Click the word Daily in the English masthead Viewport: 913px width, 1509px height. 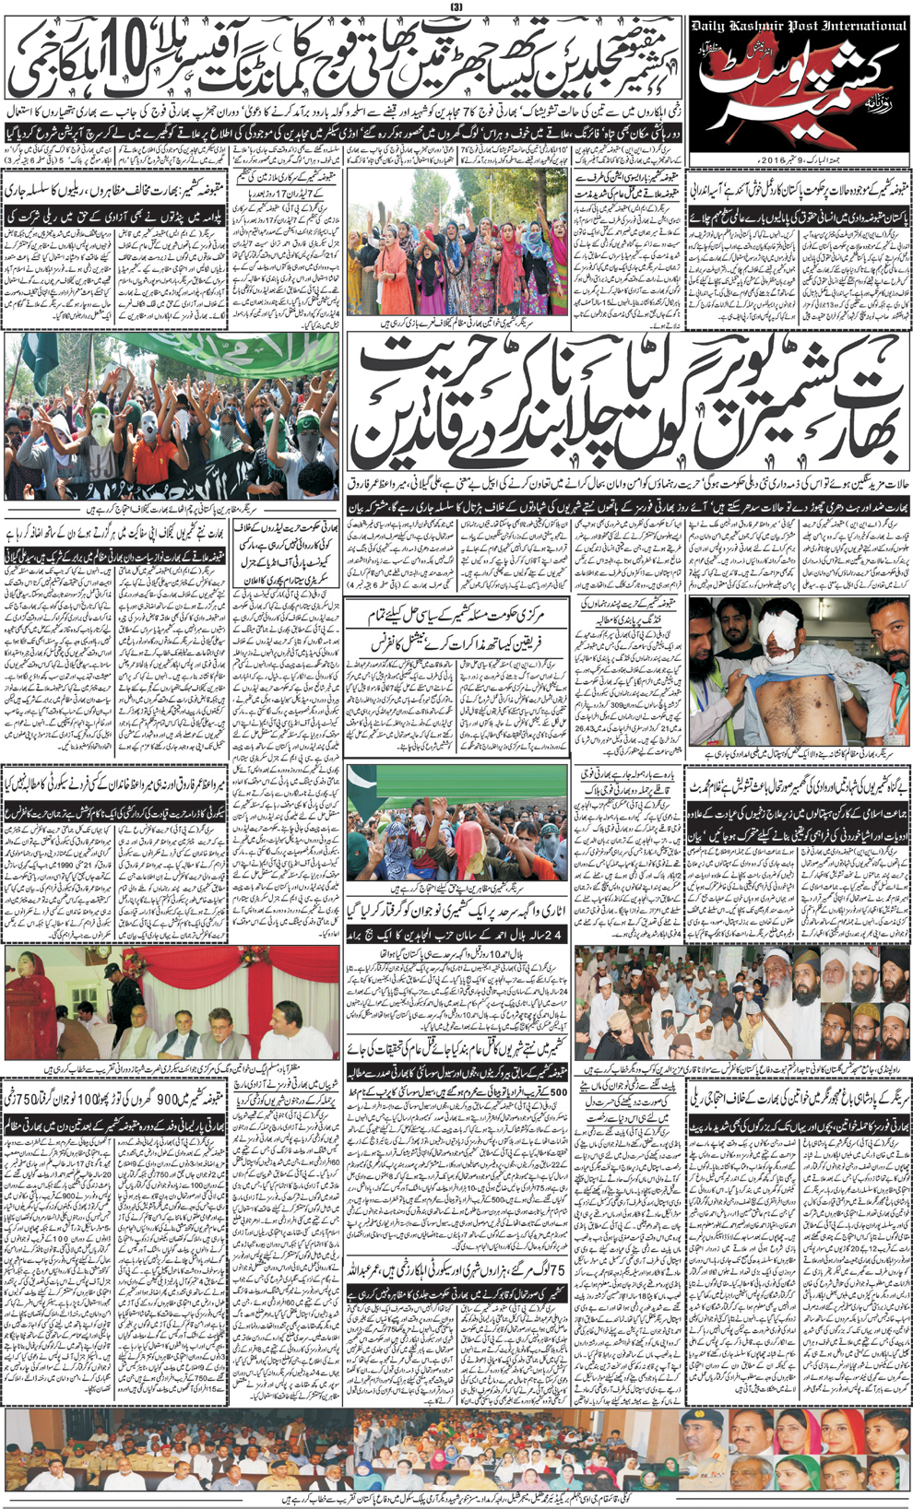point(717,26)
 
